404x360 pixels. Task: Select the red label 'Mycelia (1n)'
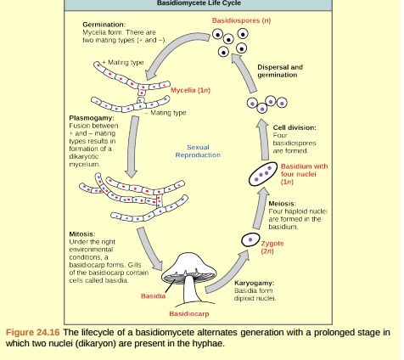tap(190, 89)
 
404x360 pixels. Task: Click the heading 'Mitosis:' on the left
tap(81, 232)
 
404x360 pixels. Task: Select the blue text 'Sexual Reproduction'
tap(198, 151)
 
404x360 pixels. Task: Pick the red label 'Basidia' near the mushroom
tap(153, 296)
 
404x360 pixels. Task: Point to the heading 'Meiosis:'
tap(282, 204)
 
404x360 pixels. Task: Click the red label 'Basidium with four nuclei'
tap(303, 173)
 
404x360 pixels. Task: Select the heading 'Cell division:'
tap(294, 127)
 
